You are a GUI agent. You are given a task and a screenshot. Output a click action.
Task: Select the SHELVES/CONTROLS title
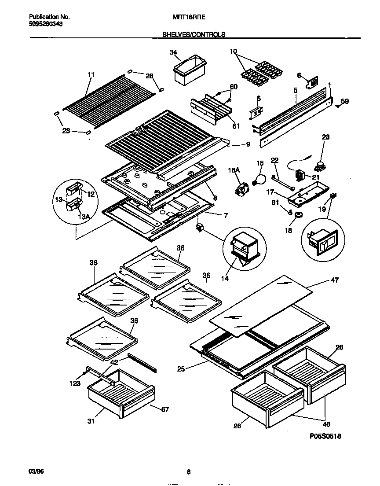[x=194, y=34]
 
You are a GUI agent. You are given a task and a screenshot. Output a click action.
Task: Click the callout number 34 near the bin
[x=173, y=52]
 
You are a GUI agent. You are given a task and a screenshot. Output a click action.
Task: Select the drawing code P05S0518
[x=325, y=436]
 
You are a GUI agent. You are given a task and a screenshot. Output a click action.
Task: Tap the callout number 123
[x=75, y=384]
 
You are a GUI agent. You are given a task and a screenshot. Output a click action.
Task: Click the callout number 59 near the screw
[x=345, y=101]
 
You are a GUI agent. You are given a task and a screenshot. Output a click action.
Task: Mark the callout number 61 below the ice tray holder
[x=236, y=127]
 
